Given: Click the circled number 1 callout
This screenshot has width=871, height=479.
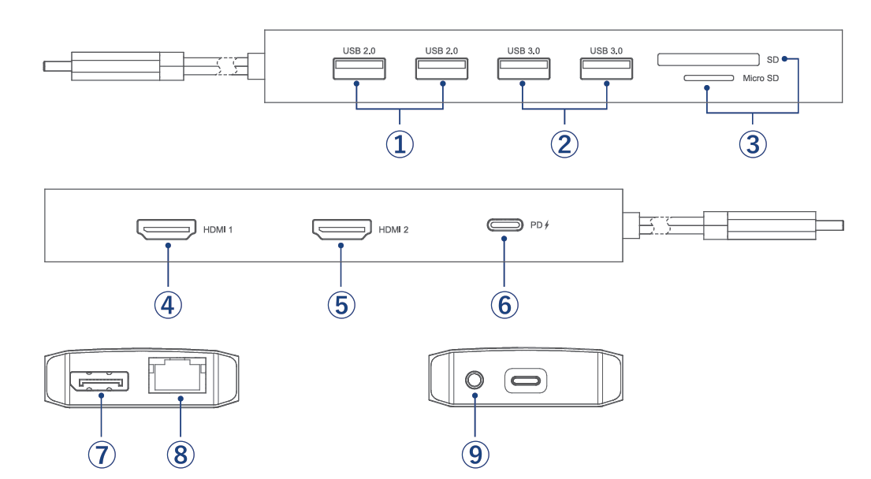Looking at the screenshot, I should pyautogui.click(x=400, y=143).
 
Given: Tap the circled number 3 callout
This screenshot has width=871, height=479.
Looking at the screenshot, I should pyautogui.click(x=753, y=143).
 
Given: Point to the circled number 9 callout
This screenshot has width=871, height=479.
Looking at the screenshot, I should pyautogui.click(x=475, y=453).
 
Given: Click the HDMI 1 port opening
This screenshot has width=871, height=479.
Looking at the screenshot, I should pyautogui.click(x=167, y=230).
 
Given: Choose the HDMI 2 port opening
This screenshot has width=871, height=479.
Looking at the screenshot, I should pyautogui.click(x=342, y=230).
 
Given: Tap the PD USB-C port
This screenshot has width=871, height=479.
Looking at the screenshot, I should pyautogui.click(x=504, y=225).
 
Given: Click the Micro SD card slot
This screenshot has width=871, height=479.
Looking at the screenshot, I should pyautogui.click(x=709, y=79).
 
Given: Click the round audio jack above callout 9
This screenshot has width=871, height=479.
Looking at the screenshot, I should pyautogui.click(x=475, y=381).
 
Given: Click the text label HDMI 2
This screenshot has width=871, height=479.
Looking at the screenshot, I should pyautogui.click(x=394, y=231).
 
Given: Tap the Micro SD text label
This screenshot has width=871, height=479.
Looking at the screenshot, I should pyautogui.click(x=761, y=79).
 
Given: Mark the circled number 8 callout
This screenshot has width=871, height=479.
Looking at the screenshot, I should pyautogui.click(x=179, y=453).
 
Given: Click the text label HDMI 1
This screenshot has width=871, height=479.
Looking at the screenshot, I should pyautogui.click(x=218, y=231).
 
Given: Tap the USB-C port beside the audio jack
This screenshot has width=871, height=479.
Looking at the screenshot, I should pyautogui.click(x=525, y=382).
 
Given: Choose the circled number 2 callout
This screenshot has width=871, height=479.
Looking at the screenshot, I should pyautogui.click(x=564, y=143).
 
